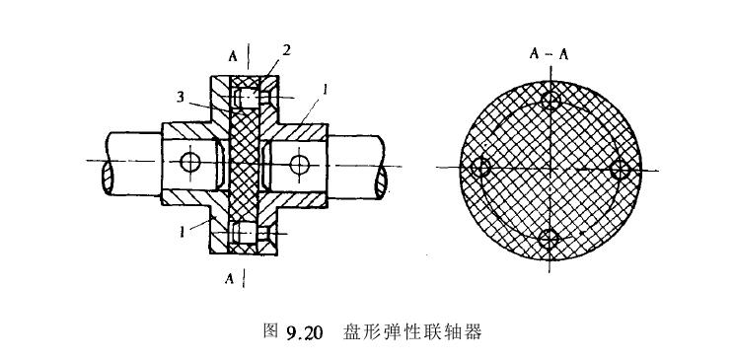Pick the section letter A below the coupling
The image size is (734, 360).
(x=230, y=279)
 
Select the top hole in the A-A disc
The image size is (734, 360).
(x=550, y=101)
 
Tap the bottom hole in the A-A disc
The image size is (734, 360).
(x=550, y=238)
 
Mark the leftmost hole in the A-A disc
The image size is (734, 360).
(x=482, y=168)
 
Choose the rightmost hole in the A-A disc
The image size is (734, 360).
(x=620, y=170)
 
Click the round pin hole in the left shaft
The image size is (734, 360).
(x=189, y=162)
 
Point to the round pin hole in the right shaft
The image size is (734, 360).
(x=299, y=162)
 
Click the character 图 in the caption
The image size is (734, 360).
(x=271, y=332)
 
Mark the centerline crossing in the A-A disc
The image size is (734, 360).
(x=550, y=170)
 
